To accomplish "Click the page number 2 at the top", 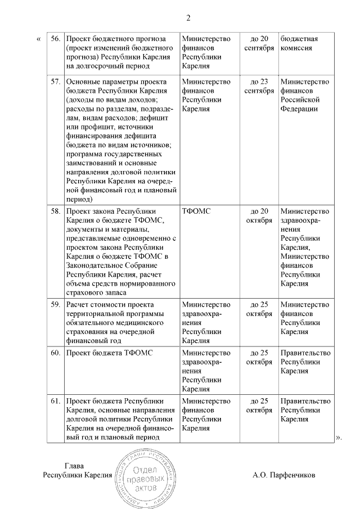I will point(188,18).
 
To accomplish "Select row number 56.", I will point(55,39).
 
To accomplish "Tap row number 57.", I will point(55,82).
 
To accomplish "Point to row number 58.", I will point(55,211).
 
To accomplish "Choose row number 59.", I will point(55,305).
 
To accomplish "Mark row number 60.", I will point(55,353).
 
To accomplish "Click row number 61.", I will point(55,401).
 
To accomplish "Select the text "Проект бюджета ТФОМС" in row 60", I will point(110,353).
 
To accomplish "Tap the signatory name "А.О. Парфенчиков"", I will point(284,475).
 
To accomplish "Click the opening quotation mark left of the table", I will point(38,39).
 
